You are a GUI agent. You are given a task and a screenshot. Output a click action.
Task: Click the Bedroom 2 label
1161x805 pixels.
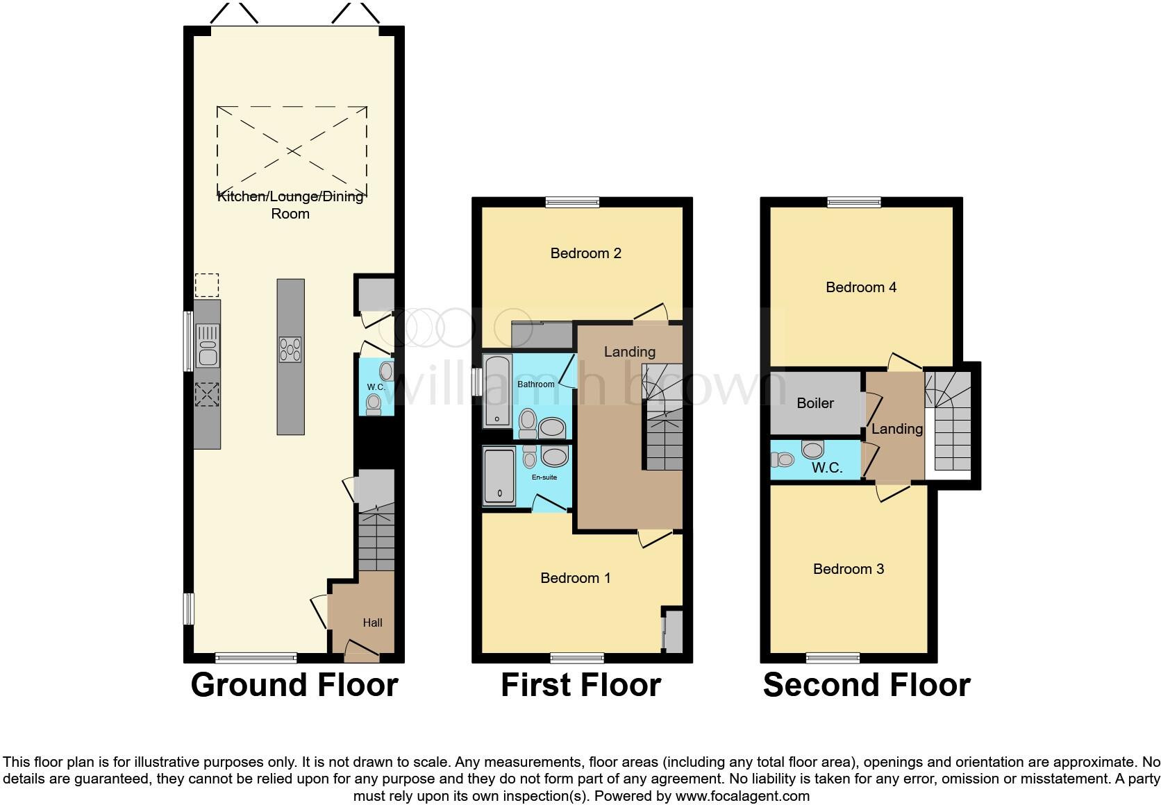(585, 253)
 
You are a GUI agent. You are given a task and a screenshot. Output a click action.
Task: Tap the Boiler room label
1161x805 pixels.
(815, 403)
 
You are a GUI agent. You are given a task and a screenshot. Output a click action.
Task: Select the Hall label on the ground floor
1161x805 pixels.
(372, 622)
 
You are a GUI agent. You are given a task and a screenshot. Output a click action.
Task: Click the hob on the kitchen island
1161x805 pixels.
(290, 348)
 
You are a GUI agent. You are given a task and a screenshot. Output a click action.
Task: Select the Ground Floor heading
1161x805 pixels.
(294, 685)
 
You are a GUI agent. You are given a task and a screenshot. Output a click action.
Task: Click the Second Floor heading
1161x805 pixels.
(866, 685)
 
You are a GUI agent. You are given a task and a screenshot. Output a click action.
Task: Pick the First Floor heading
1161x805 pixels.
(580, 685)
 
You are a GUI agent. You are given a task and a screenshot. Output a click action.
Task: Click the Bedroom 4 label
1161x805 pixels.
(860, 287)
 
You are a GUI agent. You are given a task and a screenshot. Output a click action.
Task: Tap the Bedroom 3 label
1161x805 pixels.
(848, 569)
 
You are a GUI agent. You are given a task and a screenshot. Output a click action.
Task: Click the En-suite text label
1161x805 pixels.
(544, 477)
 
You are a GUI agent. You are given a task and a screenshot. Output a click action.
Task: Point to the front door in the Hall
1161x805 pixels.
(362, 650)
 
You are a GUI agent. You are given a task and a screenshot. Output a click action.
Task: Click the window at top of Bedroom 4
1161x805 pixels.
(854, 202)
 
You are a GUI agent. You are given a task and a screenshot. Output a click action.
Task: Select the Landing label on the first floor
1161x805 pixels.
(629, 352)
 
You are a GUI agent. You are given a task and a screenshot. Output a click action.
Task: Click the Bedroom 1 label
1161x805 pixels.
(575, 578)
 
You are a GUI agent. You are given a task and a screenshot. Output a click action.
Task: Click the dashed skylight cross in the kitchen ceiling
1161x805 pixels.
(292, 151)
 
